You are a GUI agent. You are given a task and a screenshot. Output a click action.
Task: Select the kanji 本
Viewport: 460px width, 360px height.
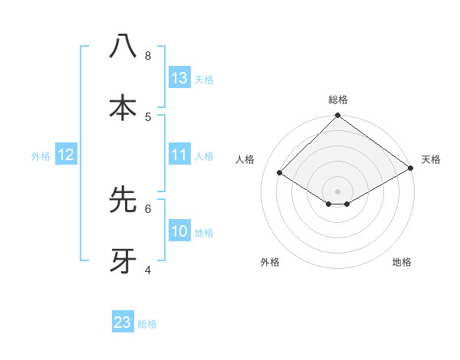tap(123, 107)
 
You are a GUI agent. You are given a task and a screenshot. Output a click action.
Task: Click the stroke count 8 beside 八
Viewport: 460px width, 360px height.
tap(148, 55)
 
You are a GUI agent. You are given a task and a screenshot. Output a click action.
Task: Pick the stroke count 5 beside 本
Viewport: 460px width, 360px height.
tap(148, 116)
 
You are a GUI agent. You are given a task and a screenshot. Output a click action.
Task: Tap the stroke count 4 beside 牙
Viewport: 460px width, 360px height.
tap(148, 270)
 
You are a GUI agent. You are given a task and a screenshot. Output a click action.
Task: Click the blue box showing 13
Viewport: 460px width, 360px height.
tap(179, 78)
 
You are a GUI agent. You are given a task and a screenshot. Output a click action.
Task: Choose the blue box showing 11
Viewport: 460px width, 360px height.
tap(179, 155)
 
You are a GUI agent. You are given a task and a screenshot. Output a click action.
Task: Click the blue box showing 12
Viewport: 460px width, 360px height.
tap(66, 155)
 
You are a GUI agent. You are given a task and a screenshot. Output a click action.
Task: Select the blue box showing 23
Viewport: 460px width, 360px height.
tap(123, 322)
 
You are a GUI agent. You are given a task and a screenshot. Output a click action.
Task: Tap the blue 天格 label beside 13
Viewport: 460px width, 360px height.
tap(204, 79)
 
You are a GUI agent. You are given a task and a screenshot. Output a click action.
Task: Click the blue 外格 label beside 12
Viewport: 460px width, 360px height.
tap(41, 155)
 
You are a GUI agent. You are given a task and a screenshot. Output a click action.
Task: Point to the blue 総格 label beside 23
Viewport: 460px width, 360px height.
tap(147, 323)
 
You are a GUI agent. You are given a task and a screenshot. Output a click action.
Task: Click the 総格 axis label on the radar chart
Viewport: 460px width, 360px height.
tap(338, 100)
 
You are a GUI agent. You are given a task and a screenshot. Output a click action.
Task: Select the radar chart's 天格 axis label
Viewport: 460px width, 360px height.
tap(431, 159)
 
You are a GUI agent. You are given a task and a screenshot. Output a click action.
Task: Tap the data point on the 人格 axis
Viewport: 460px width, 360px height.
tap(280, 173)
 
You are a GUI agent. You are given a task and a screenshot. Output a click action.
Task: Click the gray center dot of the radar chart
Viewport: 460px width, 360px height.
tap(338, 191)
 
